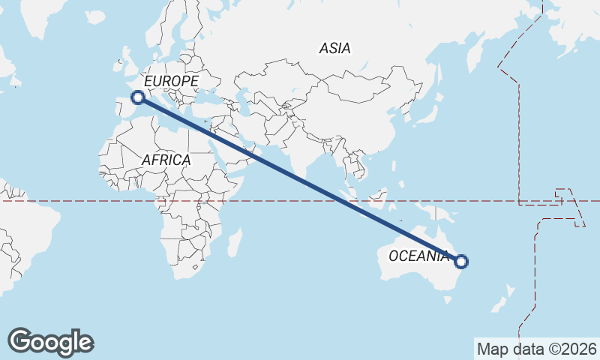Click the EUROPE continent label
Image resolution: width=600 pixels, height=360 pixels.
pos(171,81)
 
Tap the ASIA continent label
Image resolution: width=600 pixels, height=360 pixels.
pos(334,48)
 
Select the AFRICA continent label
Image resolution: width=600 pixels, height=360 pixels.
pos(166,160)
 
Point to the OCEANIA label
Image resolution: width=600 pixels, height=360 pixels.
pos(418,256)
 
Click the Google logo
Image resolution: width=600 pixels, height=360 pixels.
pos(51,342)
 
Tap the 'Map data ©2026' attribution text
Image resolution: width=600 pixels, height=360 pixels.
pos(536,349)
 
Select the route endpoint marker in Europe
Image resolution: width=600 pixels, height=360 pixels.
pos(138,97)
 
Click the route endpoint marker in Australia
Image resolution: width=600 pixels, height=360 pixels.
pos(461,262)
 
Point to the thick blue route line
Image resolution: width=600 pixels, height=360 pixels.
pos(300,179)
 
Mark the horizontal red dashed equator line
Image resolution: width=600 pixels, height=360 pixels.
pos(75,201)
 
